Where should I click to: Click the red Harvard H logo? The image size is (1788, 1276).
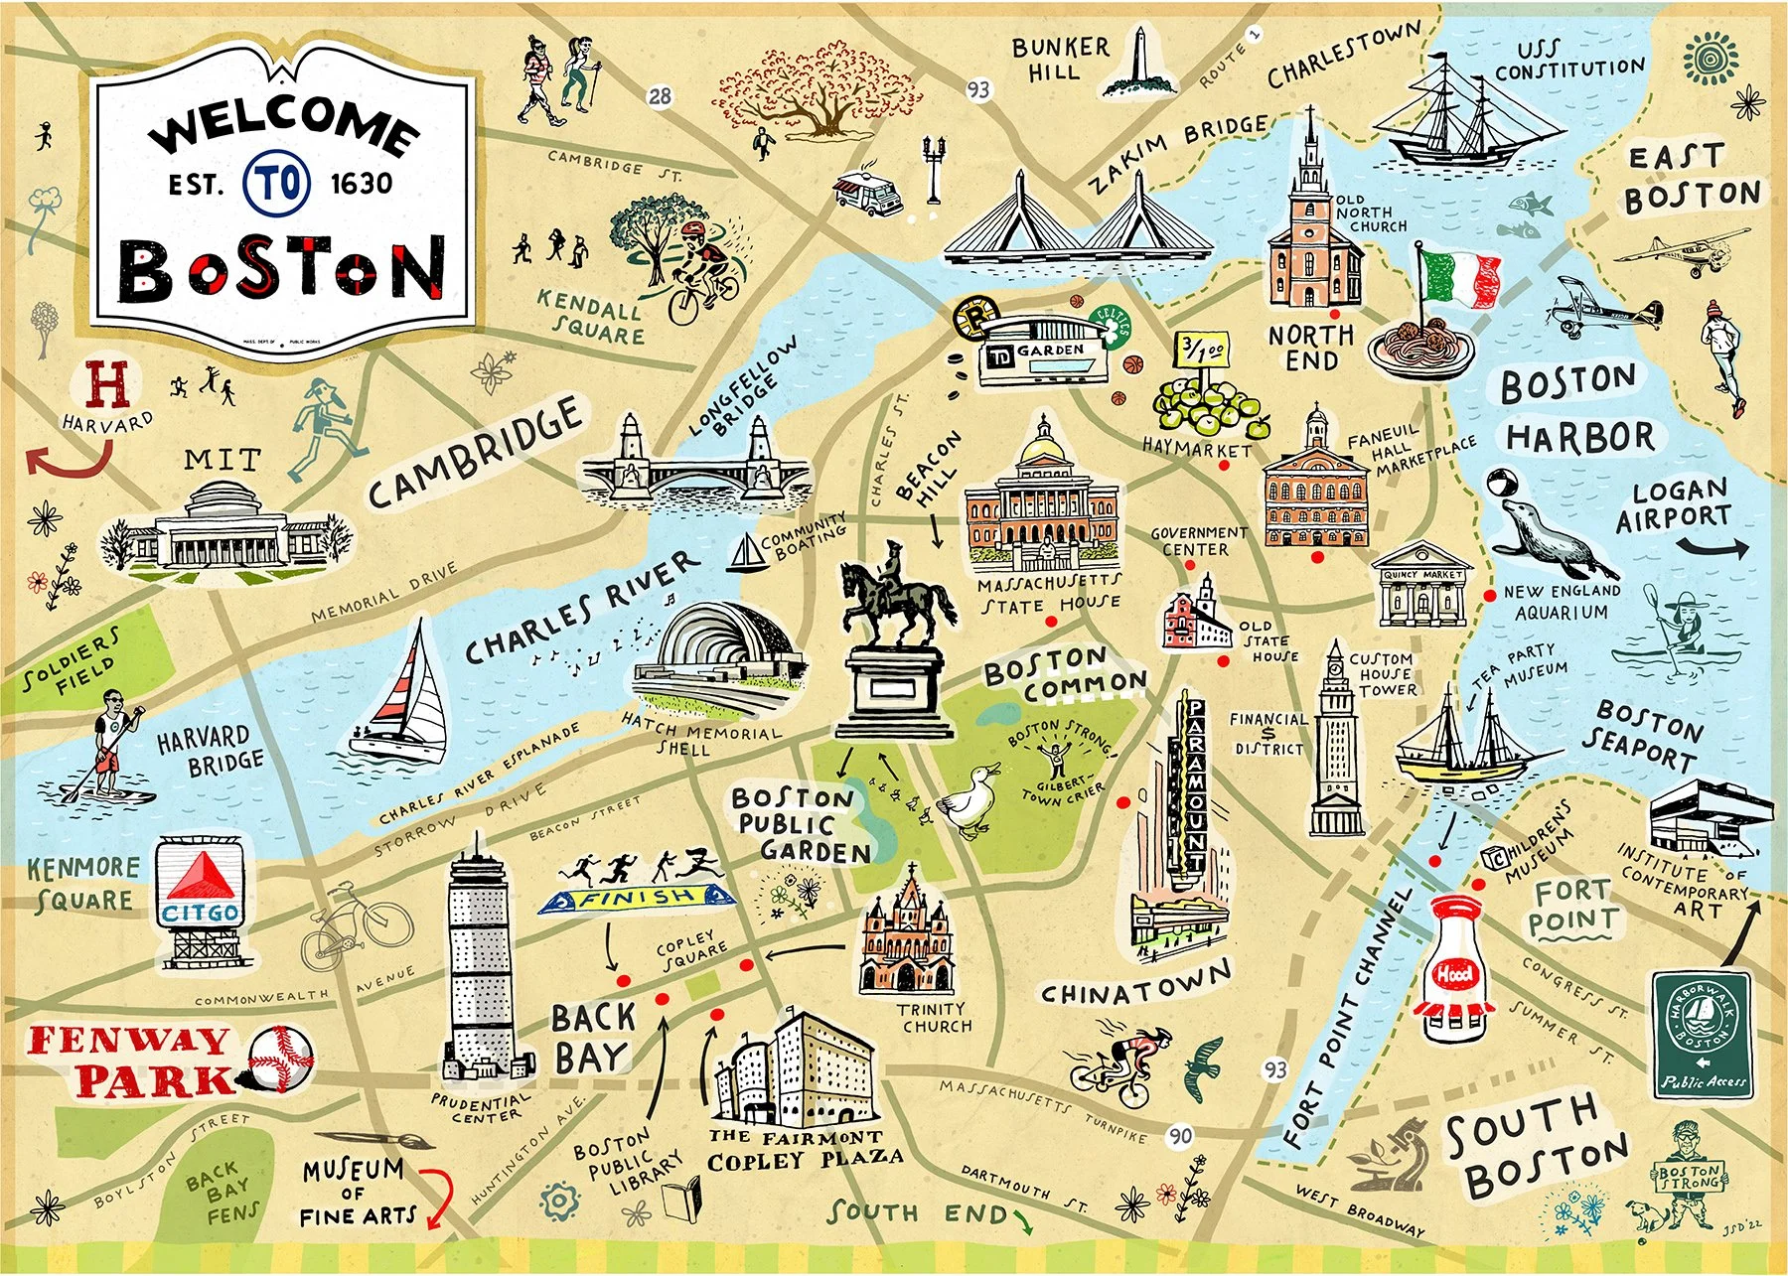click(x=107, y=385)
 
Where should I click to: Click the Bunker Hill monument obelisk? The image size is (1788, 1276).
click(x=1140, y=62)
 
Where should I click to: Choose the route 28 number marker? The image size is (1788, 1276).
click(x=660, y=96)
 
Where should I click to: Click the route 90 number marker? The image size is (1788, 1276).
click(x=1179, y=1136)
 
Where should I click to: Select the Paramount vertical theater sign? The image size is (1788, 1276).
click(x=1195, y=783)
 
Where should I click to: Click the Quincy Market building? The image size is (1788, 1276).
click(x=1422, y=594)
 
